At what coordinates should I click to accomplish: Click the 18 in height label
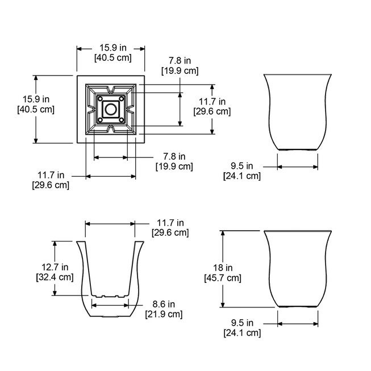(x=223, y=268)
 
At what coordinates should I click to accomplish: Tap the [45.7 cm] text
(x=223, y=278)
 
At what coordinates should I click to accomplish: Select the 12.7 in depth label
(x=55, y=267)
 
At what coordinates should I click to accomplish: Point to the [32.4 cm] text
(x=55, y=277)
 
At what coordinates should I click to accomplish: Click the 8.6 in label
(x=164, y=304)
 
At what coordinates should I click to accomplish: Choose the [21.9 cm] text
(x=164, y=314)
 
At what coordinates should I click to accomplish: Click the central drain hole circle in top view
(x=110, y=109)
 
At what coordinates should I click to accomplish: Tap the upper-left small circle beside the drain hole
(x=100, y=98)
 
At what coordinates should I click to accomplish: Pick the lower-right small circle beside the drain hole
(x=122, y=120)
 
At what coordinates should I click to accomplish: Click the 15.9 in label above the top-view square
(x=113, y=48)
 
